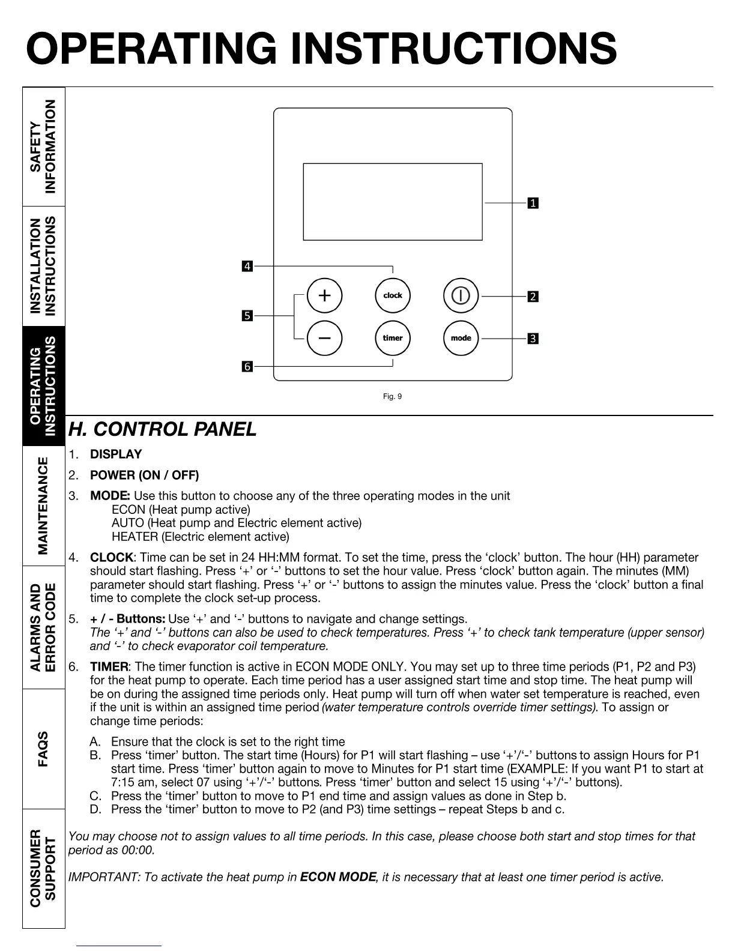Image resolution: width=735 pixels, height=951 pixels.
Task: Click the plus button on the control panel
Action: point(324,295)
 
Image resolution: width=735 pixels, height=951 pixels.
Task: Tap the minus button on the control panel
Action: point(324,338)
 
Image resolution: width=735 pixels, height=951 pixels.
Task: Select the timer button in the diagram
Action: point(393,338)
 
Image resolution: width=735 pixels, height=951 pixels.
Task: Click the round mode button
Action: point(461,338)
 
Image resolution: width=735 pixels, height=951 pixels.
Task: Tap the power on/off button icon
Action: point(461,295)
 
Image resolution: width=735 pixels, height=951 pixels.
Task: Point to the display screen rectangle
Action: point(393,202)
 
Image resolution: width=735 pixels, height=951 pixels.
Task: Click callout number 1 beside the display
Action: point(533,204)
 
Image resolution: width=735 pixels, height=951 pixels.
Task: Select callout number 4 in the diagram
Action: point(247,266)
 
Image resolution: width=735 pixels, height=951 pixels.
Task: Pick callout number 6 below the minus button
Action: point(247,366)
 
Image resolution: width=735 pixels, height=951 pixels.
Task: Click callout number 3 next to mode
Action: point(533,339)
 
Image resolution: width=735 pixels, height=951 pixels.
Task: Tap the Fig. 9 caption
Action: point(392,396)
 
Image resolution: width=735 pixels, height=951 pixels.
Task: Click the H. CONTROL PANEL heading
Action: point(162,430)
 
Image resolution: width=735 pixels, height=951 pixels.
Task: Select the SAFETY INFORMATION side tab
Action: point(44,146)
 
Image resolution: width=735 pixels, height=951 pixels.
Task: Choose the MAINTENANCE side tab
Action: point(44,506)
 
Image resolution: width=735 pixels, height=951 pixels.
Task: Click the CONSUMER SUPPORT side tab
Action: point(44,868)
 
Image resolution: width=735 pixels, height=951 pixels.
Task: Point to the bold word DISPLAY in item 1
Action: point(116,454)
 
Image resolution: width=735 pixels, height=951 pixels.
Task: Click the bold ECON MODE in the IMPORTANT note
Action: point(338,877)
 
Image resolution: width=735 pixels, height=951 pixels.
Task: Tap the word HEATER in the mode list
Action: point(135,537)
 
